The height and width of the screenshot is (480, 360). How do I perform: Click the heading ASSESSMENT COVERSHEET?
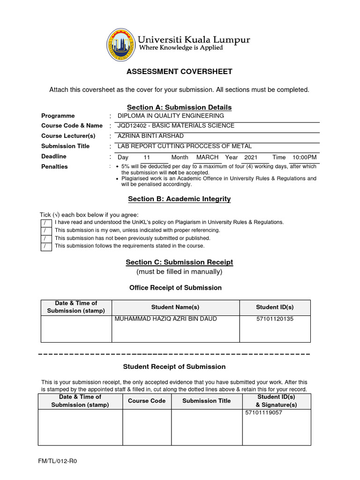180,72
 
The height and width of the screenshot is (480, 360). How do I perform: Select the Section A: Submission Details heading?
180,107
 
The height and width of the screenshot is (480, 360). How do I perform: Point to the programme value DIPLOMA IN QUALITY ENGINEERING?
171,116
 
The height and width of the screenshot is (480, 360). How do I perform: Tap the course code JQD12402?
131,126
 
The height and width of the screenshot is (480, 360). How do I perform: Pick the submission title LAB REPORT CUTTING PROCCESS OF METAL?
184,146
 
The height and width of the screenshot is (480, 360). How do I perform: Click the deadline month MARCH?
207,157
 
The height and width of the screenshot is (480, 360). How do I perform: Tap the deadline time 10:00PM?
305,157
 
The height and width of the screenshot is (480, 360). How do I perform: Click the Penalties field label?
54,167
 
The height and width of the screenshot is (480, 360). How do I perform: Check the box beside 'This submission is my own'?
45,230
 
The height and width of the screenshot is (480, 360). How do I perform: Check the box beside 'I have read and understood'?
45,222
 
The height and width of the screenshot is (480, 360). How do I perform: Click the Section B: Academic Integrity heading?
180,199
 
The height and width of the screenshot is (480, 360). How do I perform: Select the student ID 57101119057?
263,413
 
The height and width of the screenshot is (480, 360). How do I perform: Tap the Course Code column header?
147,401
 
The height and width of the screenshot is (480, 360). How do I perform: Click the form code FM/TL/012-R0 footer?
57,461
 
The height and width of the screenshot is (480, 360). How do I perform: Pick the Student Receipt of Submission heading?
174,367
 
